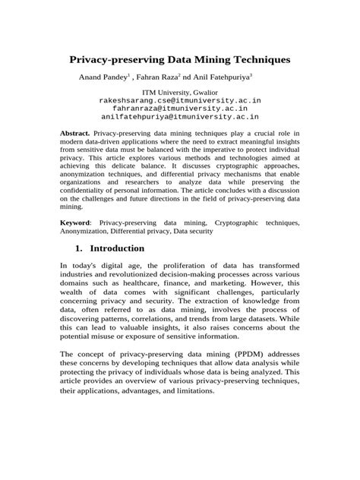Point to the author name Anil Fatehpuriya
coord(223,77)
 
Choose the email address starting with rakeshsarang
coord(180,100)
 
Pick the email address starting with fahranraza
coord(180,109)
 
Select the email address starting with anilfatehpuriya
coord(180,118)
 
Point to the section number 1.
coord(77,248)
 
